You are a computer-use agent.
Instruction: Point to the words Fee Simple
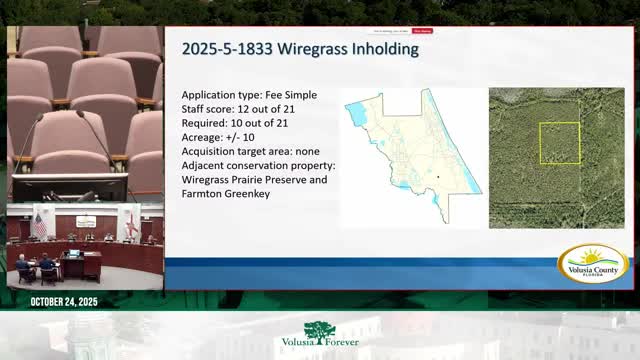click(290, 95)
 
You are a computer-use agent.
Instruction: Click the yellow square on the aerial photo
click(559, 143)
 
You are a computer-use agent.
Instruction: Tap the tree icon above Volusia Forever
click(320, 330)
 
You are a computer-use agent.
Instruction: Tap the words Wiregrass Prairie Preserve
click(254, 179)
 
